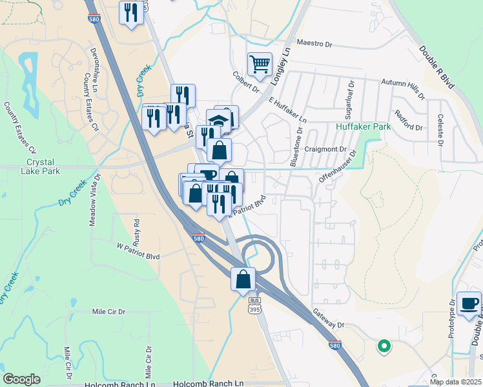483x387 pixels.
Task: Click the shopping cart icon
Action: pos(260,64)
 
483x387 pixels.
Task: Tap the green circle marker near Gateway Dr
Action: pos(384,346)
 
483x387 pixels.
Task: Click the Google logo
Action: pos(21,379)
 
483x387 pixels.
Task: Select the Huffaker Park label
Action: pos(364,127)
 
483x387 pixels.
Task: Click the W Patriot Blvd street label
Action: pos(138,252)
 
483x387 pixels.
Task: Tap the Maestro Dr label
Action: pos(314,44)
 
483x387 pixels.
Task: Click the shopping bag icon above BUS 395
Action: pos(243,280)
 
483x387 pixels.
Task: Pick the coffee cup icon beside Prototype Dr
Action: pos(469,304)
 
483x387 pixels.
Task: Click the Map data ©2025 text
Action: pos(456,382)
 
